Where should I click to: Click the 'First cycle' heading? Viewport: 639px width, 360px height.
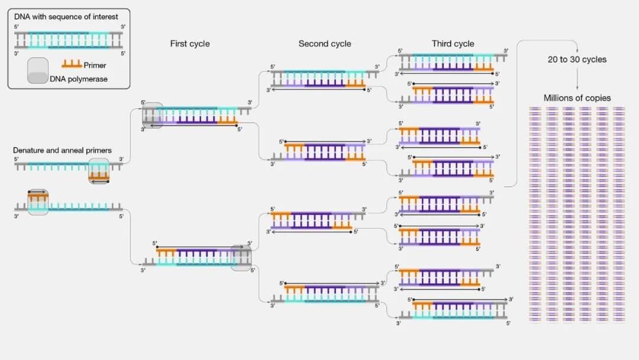click(x=189, y=44)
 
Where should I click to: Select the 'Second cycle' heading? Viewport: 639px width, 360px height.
click(x=324, y=44)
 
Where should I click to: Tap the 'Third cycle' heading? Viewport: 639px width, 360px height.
click(x=453, y=44)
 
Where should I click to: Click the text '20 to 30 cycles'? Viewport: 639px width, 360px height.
click(x=577, y=59)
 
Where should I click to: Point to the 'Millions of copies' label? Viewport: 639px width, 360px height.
click(x=577, y=98)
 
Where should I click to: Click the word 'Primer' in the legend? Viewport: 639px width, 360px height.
click(x=95, y=66)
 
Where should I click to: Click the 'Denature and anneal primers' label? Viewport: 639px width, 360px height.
click(x=62, y=150)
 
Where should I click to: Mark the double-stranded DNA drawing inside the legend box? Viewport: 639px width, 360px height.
click(x=69, y=39)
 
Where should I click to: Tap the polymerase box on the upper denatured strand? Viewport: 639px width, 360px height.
click(x=99, y=171)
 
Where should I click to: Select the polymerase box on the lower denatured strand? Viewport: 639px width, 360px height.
click(x=38, y=202)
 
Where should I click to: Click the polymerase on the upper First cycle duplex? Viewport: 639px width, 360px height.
click(x=152, y=115)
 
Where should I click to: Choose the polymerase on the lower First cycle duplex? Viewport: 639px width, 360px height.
click(x=241, y=258)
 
